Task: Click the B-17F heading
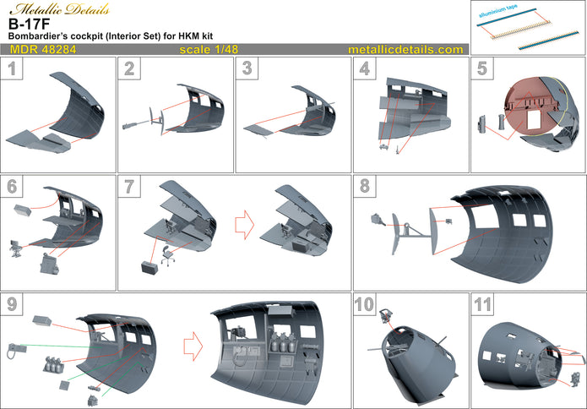point(24,25)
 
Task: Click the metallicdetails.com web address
point(405,51)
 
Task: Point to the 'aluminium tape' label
point(508,15)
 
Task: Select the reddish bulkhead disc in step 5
point(532,106)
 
